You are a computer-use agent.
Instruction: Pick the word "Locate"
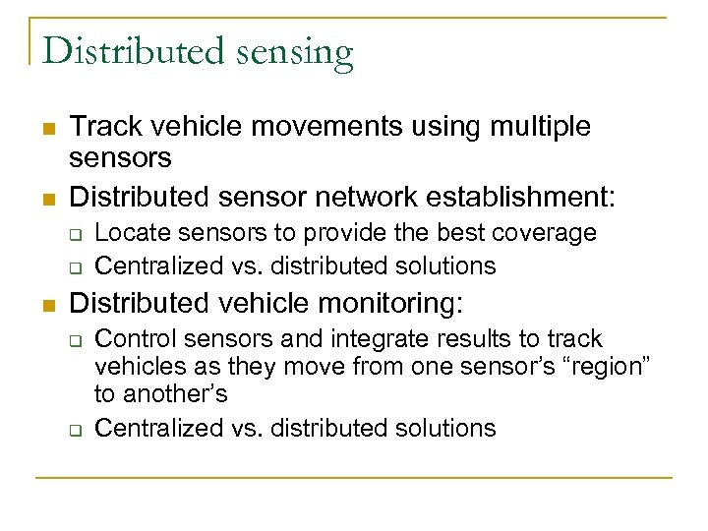pos(130,233)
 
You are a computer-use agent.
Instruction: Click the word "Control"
pos(133,339)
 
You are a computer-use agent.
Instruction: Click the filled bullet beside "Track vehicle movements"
pos(47,128)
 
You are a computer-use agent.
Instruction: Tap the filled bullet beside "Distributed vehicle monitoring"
pos(47,304)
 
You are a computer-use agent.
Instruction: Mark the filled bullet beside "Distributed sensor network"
pos(47,198)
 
